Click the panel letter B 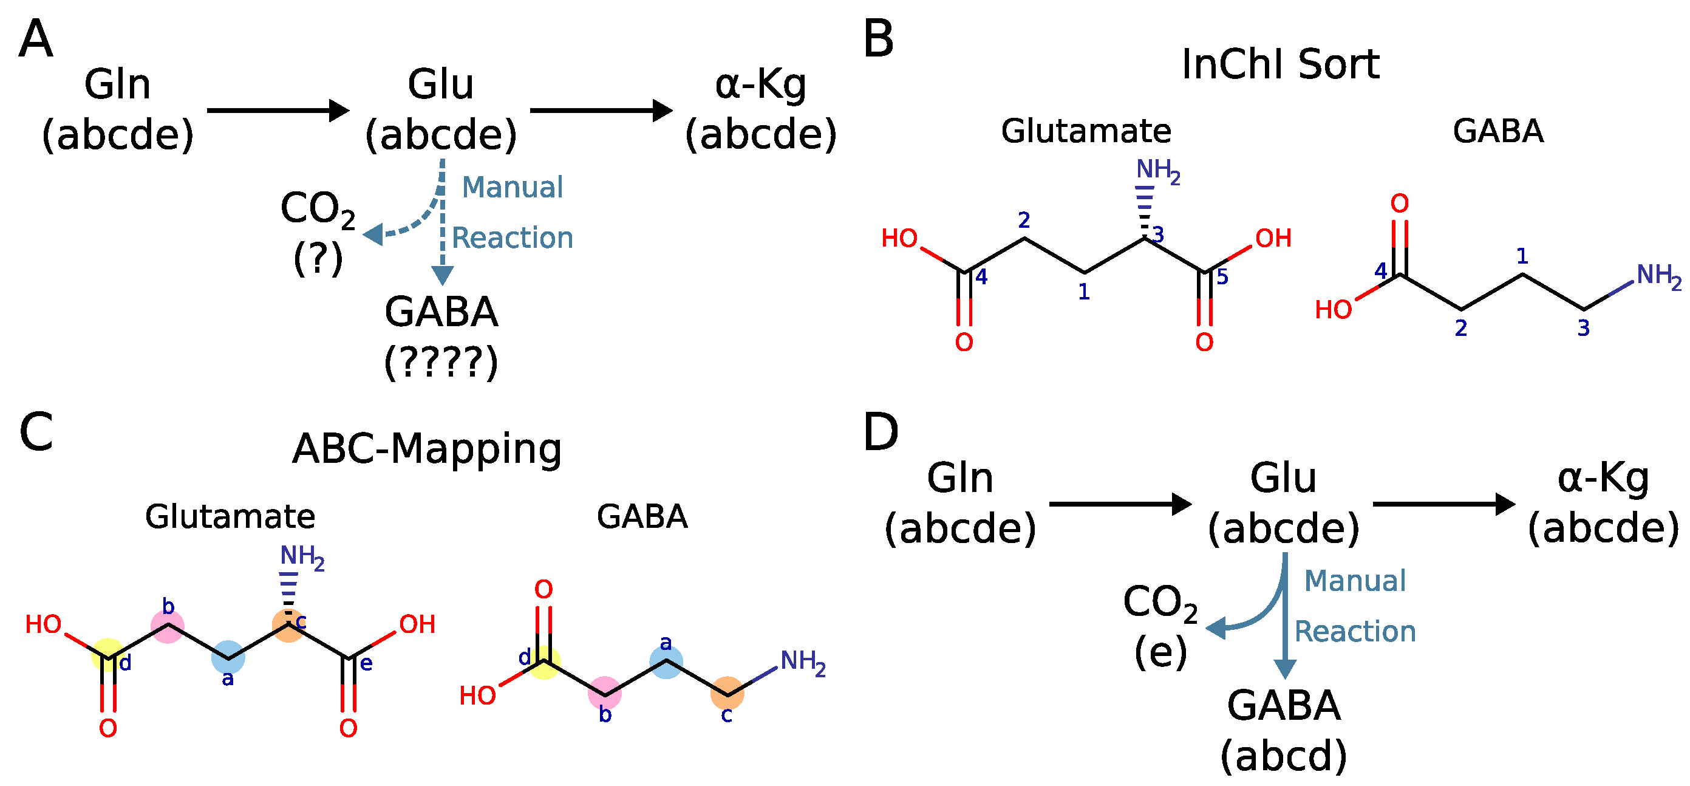tap(879, 39)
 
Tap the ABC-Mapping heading tap(427, 449)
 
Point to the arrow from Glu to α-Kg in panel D tap(1444, 504)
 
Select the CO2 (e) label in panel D tap(1160, 627)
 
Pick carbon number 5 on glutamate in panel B tap(1222, 277)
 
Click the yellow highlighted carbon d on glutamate tap(108, 654)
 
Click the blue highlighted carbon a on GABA tap(666, 661)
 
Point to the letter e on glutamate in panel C tap(366, 663)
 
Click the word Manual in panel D tap(1355, 581)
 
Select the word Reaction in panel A tap(513, 238)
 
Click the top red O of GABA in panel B tap(1399, 203)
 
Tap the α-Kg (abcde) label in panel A tap(760, 110)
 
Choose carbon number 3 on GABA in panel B tap(1583, 327)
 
